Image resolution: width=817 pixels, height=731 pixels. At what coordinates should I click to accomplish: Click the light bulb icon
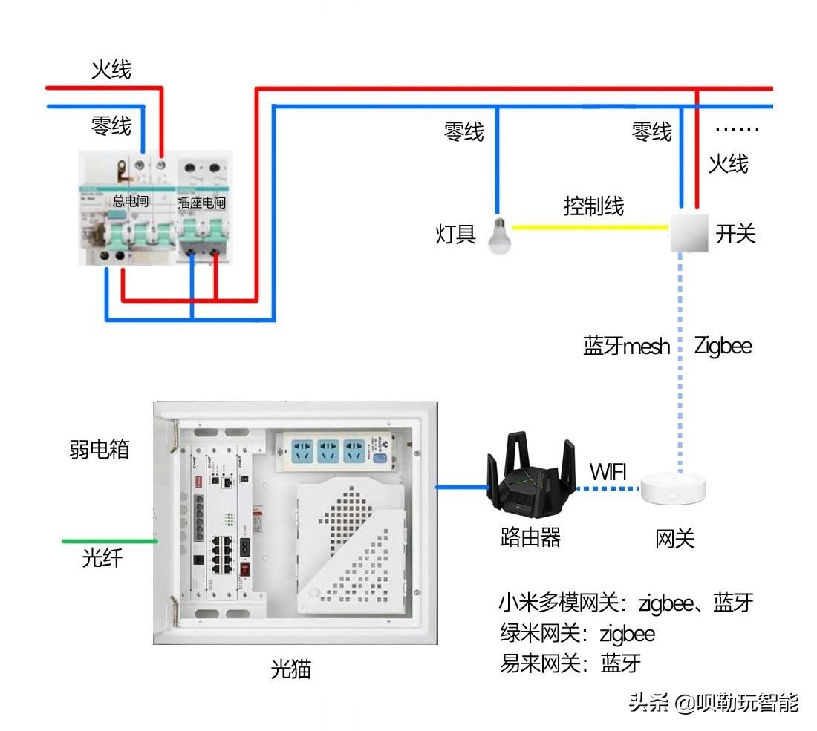click(x=499, y=236)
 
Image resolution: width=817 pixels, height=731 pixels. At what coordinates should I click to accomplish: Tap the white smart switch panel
click(x=691, y=232)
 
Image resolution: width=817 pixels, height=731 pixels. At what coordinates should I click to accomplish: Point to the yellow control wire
click(x=590, y=228)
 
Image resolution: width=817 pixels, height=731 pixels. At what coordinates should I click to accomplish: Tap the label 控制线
click(x=593, y=206)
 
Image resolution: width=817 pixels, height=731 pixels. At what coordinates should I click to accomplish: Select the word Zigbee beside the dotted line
click(x=723, y=345)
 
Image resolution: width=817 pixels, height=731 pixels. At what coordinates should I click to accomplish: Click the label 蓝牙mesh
click(x=626, y=346)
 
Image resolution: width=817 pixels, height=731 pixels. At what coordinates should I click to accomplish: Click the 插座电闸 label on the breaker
click(x=201, y=202)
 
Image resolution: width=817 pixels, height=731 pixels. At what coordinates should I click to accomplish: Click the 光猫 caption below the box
click(x=290, y=669)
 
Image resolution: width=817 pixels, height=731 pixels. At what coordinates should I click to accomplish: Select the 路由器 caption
click(x=530, y=537)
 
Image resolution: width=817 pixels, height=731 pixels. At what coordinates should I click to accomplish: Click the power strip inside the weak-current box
click(x=339, y=451)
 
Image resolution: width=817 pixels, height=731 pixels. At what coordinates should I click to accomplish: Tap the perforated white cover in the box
click(x=351, y=545)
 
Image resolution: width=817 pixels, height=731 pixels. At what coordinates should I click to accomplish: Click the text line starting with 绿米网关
click(x=578, y=633)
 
